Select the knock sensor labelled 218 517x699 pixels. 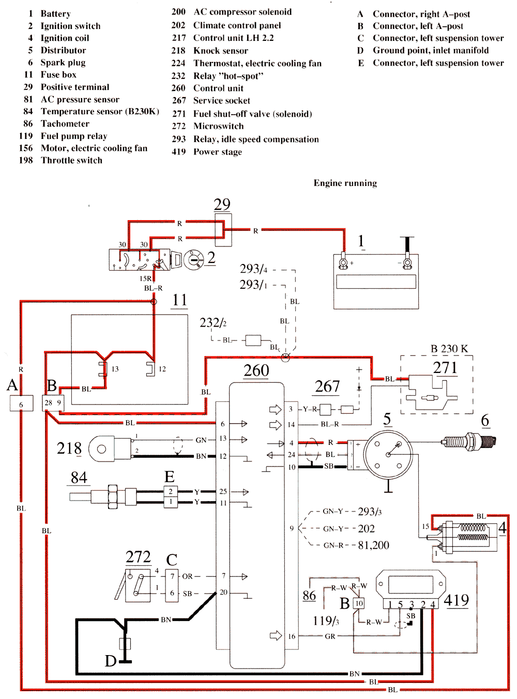[110, 448]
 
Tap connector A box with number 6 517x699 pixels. [21, 403]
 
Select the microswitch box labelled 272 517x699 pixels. [138, 585]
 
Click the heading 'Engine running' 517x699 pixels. [345, 183]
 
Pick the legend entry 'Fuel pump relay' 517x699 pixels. [74, 136]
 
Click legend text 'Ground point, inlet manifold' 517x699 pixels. [430, 50]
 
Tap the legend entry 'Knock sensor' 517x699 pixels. [220, 51]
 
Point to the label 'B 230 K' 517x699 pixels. [449, 349]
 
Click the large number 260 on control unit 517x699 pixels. [256, 370]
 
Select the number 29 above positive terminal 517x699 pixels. [222, 204]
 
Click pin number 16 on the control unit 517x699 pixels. [292, 636]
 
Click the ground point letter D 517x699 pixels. [111, 661]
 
